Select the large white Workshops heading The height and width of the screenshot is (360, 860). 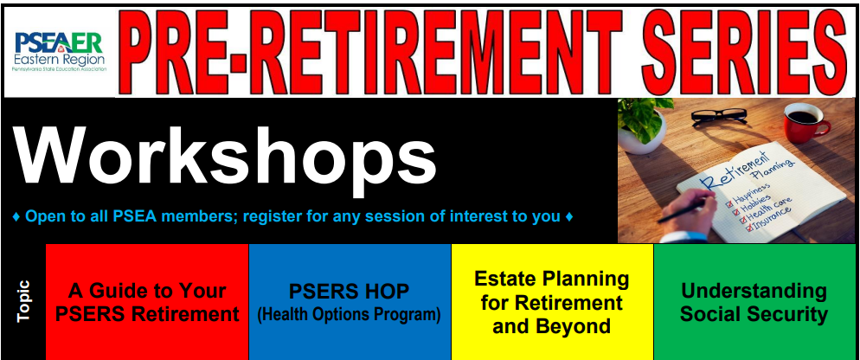click(225, 157)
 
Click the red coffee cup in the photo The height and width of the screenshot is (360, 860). click(805, 123)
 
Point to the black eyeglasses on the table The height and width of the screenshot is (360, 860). click(718, 116)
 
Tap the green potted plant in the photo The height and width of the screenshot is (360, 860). click(643, 125)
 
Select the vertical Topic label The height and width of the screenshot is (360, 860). click(23, 301)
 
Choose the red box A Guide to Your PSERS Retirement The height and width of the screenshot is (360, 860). click(147, 302)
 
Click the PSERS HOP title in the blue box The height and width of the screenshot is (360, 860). click(350, 292)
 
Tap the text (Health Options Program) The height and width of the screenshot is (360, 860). click(350, 315)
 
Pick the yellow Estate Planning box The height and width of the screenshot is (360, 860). click(552, 302)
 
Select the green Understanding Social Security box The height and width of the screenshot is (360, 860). click(754, 302)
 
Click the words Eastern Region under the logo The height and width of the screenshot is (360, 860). click(59, 59)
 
